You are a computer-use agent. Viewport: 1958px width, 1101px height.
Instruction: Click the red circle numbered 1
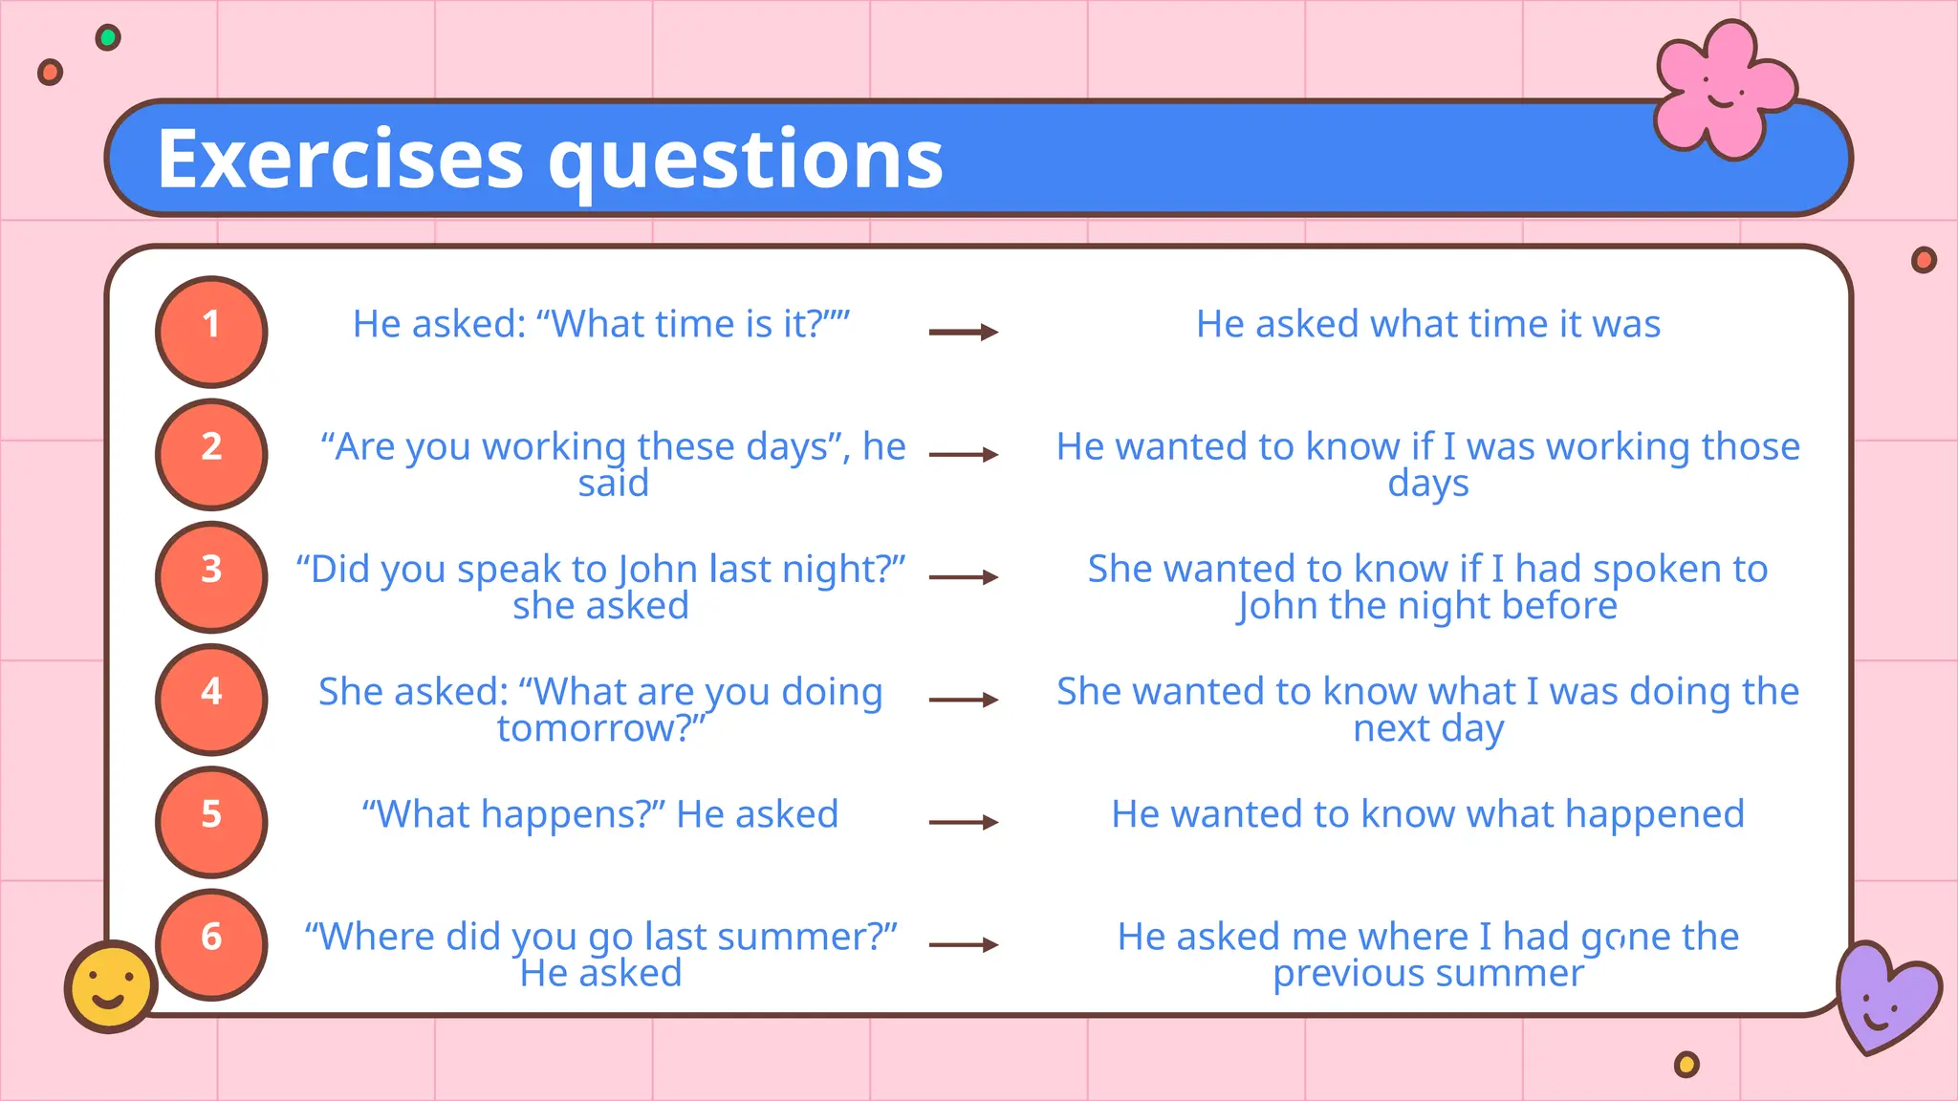211,332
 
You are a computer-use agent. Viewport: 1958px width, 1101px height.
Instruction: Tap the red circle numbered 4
211,700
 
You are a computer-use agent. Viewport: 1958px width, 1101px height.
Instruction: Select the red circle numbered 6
211,944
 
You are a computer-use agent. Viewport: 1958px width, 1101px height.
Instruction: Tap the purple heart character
1884,996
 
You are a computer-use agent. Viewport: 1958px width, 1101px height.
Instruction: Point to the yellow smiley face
111,986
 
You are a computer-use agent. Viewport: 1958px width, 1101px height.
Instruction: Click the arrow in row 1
963,332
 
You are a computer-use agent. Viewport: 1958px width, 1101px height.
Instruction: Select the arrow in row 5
963,822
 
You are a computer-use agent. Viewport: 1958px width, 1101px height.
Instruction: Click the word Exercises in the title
340,159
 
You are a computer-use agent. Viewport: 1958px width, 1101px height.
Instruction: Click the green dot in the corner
108,38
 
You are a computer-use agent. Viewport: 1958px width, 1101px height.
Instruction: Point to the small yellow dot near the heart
1687,1064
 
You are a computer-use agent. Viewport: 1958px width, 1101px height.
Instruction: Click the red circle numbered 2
211,454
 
